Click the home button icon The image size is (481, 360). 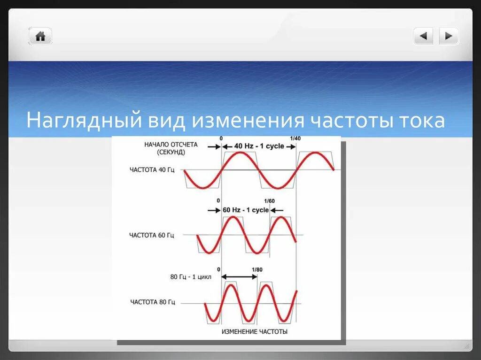[x=40, y=36]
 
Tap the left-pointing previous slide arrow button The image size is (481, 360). [x=423, y=36]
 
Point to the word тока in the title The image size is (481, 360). [x=421, y=121]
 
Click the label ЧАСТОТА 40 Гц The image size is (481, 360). [x=152, y=169]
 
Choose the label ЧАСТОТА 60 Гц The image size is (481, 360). [x=152, y=235]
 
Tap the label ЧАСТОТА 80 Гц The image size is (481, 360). [x=153, y=302]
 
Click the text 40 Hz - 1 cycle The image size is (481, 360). [x=259, y=146]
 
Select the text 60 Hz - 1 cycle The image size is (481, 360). [x=245, y=210]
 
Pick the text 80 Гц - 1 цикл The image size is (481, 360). [x=191, y=277]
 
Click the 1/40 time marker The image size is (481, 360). [x=295, y=138]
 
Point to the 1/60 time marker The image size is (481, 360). [x=270, y=201]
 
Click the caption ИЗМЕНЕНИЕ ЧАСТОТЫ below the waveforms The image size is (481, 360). [x=254, y=331]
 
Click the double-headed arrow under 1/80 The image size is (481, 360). [x=240, y=277]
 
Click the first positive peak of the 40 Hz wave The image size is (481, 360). [x=240, y=153]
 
